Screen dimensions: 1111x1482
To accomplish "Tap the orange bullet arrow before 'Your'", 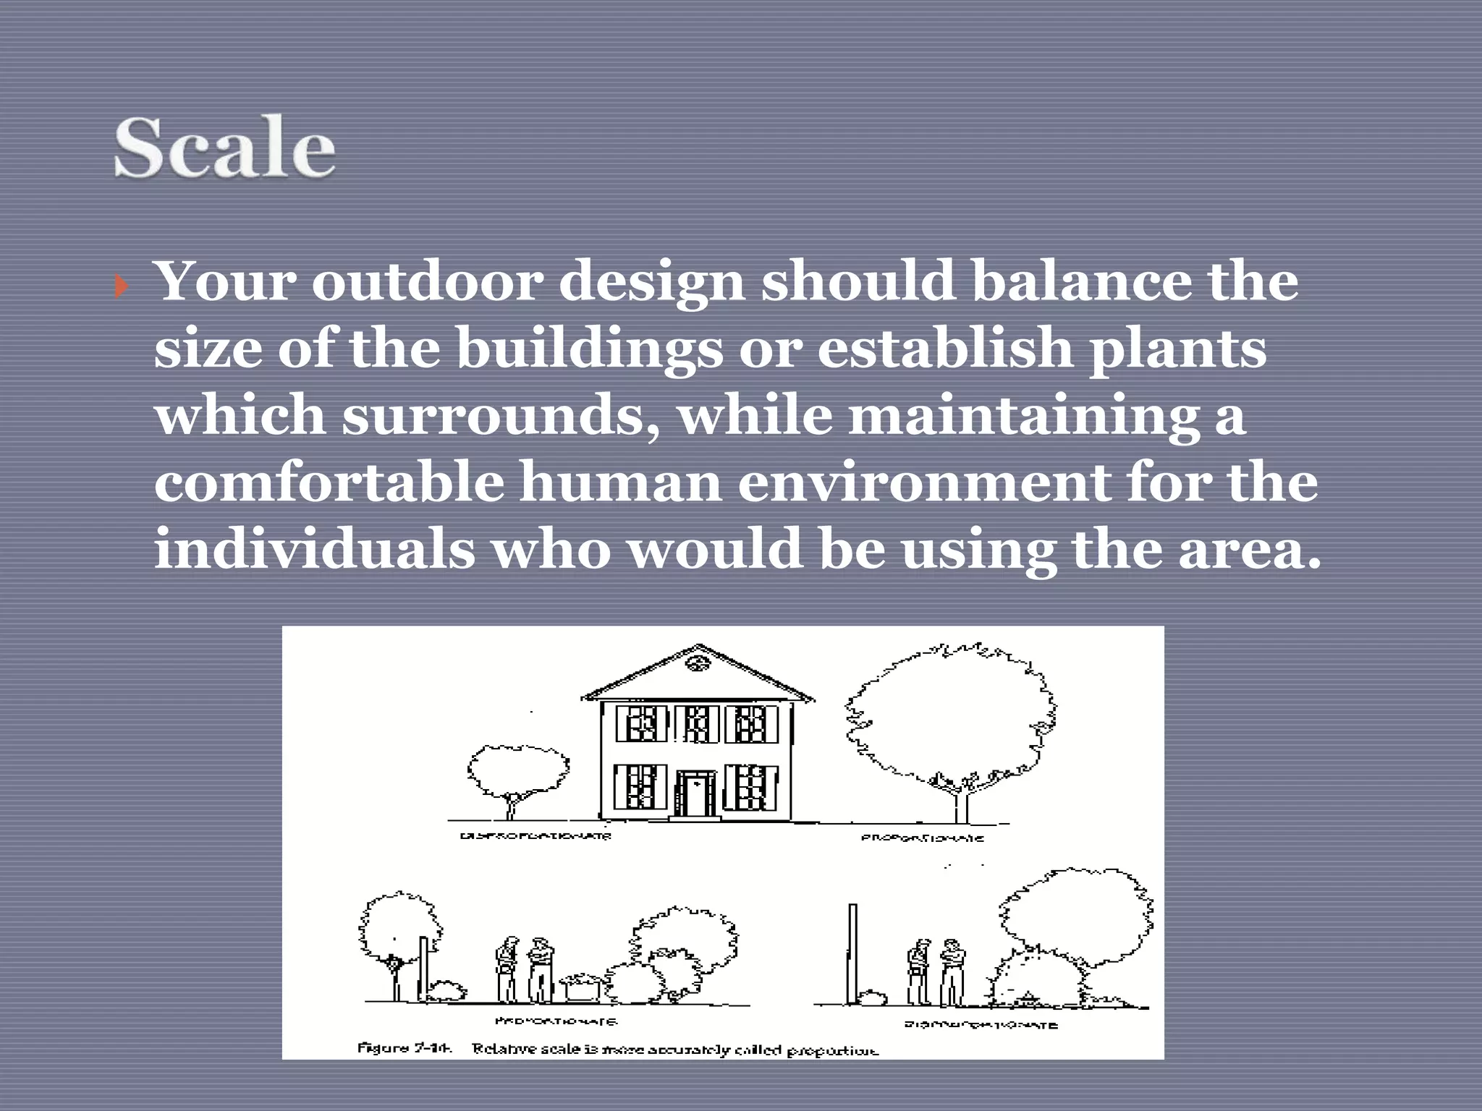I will tap(121, 287).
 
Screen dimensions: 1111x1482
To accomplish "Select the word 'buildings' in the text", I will tap(590, 349).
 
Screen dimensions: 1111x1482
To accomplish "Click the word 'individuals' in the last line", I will tap(315, 548).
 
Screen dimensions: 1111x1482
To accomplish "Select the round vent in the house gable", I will tap(698, 663).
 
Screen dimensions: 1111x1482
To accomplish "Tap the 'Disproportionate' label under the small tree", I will tap(535, 836).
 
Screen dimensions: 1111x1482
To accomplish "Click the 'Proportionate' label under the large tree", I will tap(922, 838).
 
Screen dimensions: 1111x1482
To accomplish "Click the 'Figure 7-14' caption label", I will tap(405, 1047).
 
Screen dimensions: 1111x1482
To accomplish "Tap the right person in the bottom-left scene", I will tap(540, 969).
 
